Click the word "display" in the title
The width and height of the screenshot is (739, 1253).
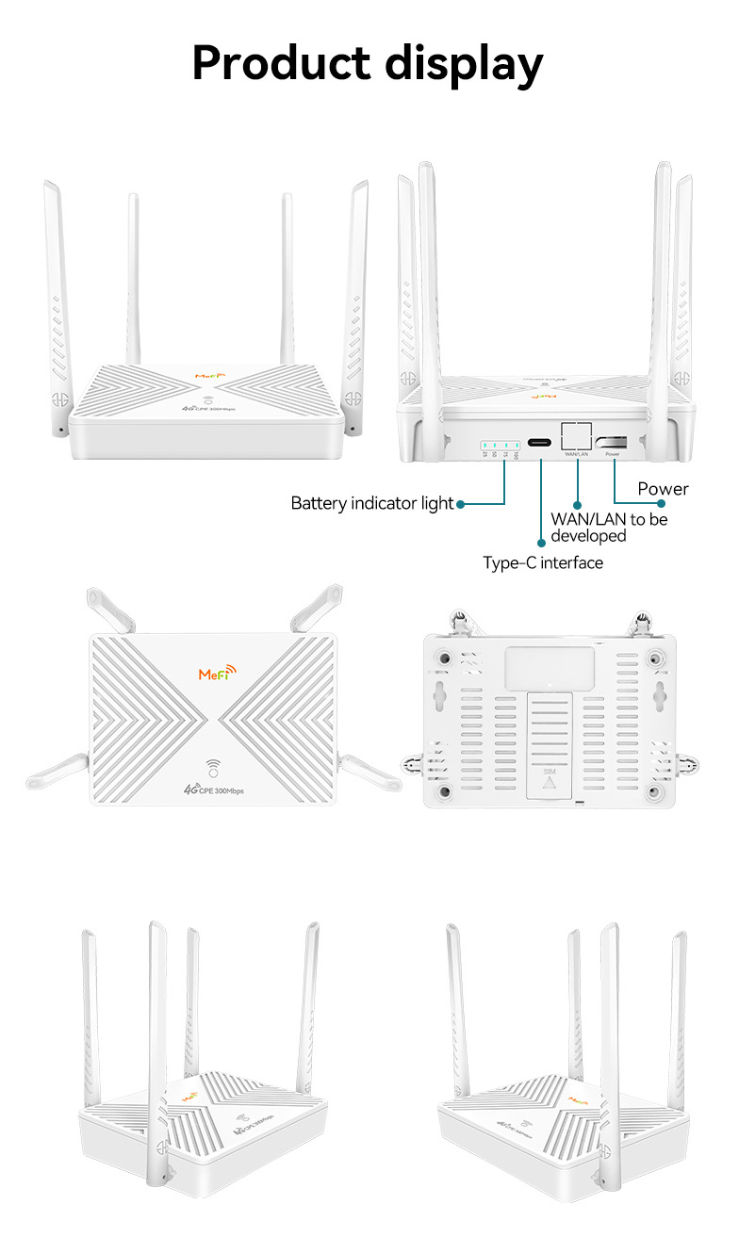click(x=459, y=64)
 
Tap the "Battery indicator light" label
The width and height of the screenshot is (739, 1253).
click(x=372, y=504)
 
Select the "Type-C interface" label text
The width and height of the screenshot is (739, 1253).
click(x=543, y=563)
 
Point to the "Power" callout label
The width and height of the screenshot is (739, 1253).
click(x=663, y=489)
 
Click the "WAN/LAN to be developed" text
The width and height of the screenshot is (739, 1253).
click(x=609, y=528)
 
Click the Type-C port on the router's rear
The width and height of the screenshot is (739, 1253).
click(x=541, y=443)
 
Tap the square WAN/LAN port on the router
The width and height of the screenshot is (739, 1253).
click(x=576, y=436)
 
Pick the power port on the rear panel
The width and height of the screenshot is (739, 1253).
click(x=613, y=440)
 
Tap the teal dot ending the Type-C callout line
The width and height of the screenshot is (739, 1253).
click(x=541, y=543)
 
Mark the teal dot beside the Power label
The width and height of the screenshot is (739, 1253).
click(x=662, y=504)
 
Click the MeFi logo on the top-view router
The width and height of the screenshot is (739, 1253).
click(x=219, y=674)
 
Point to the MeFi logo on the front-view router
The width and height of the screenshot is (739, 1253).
click(x=210, y=376)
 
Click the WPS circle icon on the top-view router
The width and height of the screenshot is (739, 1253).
click(x=213, y=766)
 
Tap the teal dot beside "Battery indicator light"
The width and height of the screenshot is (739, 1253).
click(x=461, y=504)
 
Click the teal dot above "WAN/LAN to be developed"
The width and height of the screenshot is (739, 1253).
click(x=577, y=505)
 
